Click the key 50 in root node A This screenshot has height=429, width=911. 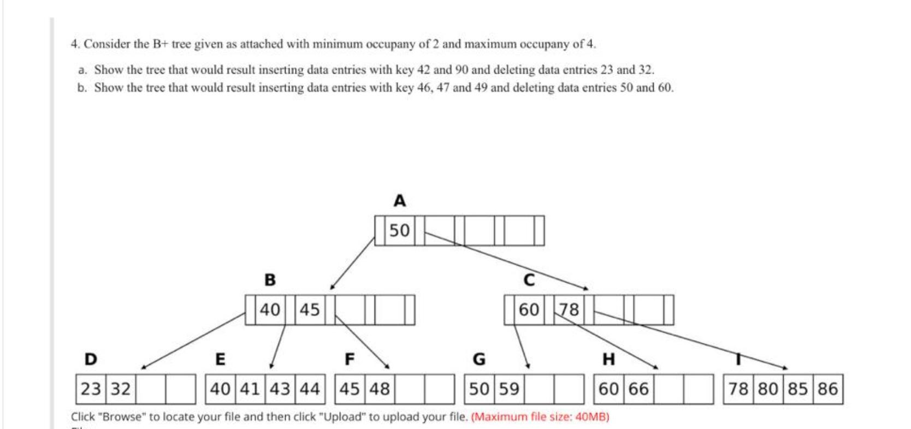400,230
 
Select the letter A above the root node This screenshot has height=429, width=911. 400,201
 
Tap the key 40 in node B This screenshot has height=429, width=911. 270,309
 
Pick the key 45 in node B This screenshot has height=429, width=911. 309,309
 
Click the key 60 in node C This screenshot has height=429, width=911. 529,309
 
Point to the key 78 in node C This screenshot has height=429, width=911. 569,309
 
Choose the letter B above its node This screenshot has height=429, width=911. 270,280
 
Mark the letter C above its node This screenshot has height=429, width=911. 529,280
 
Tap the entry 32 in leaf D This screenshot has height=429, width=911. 121,389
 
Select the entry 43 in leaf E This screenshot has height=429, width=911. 280,389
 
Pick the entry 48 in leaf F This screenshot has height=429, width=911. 380,389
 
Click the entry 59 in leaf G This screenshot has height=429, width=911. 509,389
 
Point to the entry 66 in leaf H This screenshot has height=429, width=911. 639,389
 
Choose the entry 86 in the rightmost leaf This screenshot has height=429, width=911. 828,389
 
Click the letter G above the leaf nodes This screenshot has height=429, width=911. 478,359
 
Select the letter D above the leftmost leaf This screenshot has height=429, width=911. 91,359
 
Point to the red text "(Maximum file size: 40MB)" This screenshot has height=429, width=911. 540,417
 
